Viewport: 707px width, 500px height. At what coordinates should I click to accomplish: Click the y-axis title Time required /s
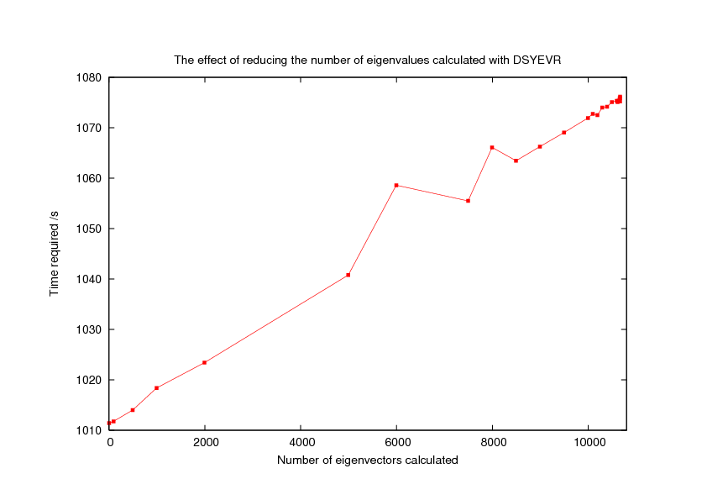[x=55, y=253]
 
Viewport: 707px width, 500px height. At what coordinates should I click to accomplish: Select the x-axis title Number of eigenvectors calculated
[x=367, y=460]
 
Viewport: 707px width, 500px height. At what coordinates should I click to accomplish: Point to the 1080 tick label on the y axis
[x=88, y=78]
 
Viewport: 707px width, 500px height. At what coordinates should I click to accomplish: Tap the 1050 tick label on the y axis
[x=88, y=229]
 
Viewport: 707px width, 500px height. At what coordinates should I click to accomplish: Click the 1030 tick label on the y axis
[x=88, y=329]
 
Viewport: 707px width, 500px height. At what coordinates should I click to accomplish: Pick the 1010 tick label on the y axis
[x=88, y=430]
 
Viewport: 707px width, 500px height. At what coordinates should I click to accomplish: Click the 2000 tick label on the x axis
[x=205, y=444]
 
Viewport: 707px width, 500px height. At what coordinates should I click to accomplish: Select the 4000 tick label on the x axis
[x=301, y=444]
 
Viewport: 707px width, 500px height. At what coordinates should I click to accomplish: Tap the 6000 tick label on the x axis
[x=396, y=444]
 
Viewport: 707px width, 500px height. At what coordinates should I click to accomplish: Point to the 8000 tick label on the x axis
[x=492, y=444]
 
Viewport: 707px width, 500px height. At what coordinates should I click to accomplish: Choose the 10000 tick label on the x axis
[x=588, y=444]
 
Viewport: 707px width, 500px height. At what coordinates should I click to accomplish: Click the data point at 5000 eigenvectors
[x=348, y=275]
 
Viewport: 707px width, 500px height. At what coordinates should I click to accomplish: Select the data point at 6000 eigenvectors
[x=396, y=185]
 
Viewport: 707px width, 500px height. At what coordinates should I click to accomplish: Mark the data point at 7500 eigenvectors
[x=468, y=201]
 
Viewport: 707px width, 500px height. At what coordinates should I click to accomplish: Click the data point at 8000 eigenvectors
[x=492, y=147]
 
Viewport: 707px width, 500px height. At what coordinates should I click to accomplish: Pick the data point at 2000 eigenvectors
[x=205, y=362]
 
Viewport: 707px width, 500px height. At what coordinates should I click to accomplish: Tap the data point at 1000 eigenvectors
[x=157, y=387]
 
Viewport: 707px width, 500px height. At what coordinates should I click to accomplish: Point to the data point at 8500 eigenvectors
[x=516, y=161]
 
